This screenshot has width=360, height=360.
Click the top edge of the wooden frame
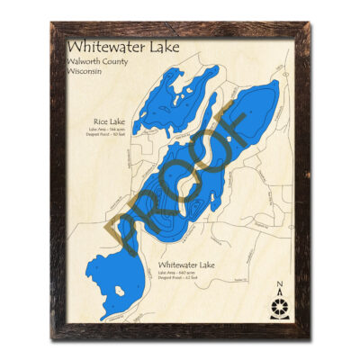coord(180,29)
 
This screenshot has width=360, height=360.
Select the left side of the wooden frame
coord(56,180)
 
